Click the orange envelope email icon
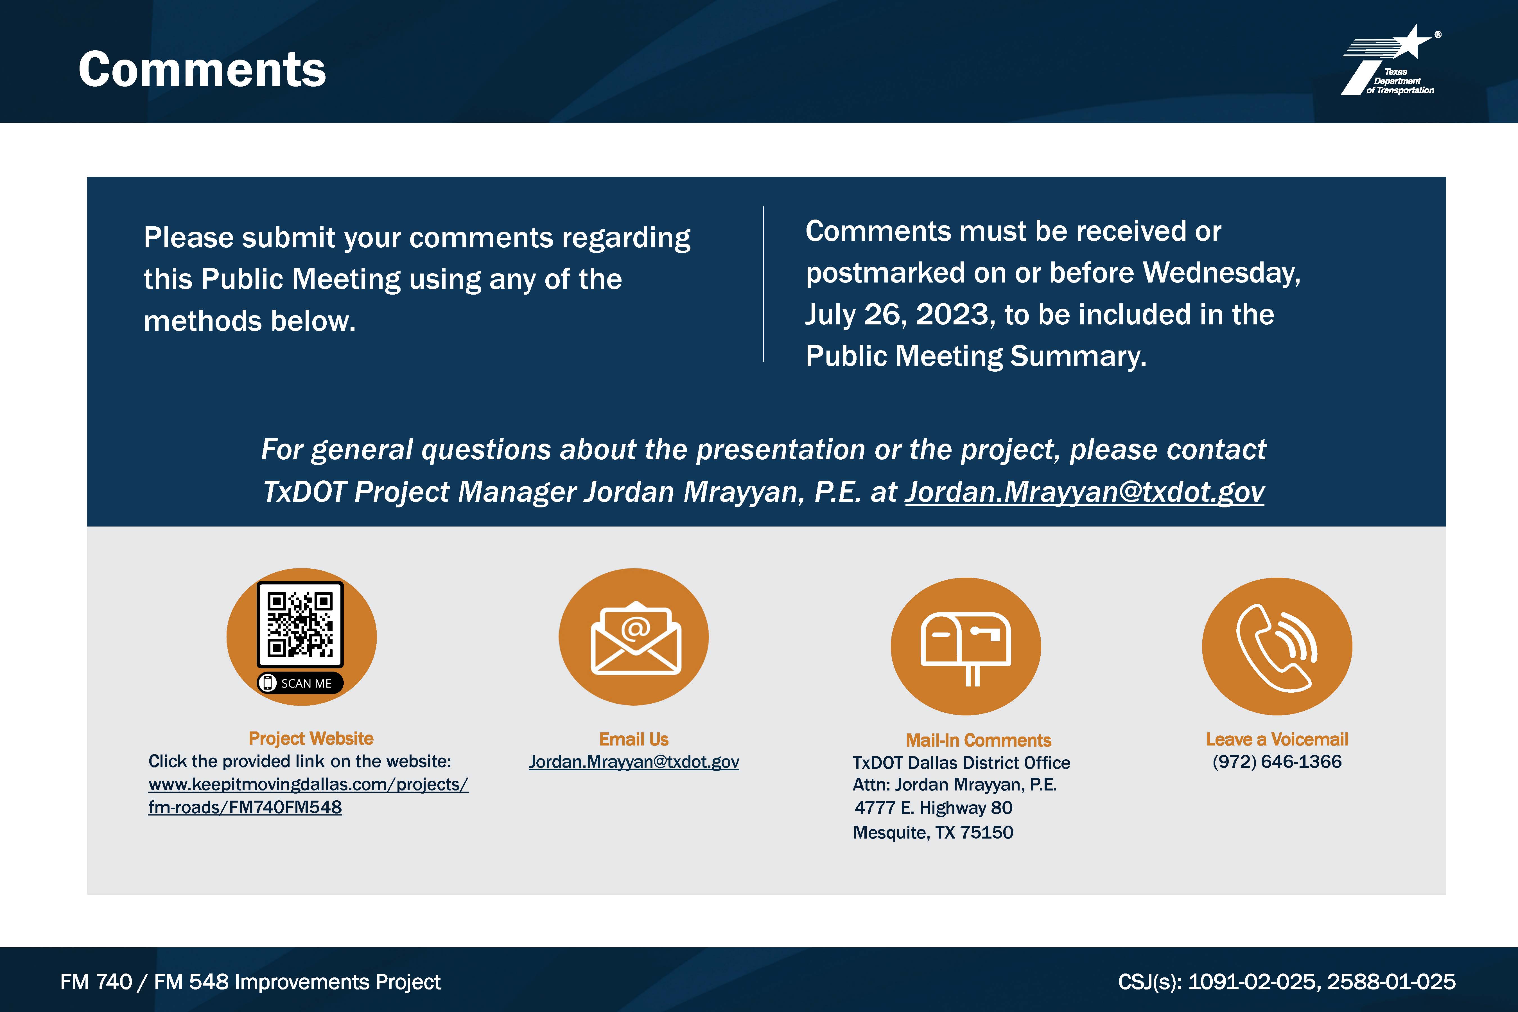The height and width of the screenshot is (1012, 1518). pos(634,637)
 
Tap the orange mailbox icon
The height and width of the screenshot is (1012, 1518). pos(966,646)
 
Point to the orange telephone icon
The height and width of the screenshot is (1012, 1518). pos(1277,646)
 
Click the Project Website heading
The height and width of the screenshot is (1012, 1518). pos(311,738)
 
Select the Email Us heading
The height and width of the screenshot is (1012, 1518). pos(634,739)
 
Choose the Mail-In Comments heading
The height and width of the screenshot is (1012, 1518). pos(979,740)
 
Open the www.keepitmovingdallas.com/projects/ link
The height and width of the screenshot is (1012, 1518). pos(308,784)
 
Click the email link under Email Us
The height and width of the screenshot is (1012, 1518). pos(634,762)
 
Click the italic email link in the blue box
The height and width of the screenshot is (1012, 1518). pos(1084,492)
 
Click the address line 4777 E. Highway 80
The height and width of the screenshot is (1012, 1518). pos(933,808)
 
